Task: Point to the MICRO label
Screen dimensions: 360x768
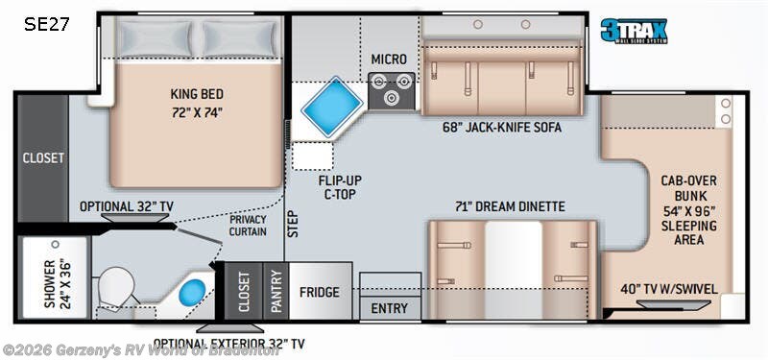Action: (x=391, y=60)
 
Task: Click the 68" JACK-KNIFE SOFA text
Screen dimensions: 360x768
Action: (x=502, y=127)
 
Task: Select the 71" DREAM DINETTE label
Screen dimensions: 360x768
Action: (x=510, y=205)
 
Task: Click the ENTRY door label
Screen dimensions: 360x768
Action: (x=390, y=308)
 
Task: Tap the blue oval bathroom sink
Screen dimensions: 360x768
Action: (x=195, y=290)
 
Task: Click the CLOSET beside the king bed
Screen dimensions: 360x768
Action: (x=42, y=157)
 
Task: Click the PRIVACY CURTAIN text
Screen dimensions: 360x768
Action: (x=247, y=226)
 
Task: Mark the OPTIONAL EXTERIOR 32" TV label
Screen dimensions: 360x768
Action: (x=229, y=343)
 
